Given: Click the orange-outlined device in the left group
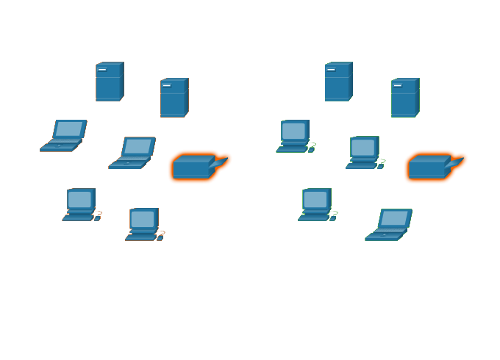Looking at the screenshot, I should tap(193, 168).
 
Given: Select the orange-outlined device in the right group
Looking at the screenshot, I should tap(429, 168).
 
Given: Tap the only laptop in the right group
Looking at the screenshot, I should tap(389, 225).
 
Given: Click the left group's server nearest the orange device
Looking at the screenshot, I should tap(174, 98).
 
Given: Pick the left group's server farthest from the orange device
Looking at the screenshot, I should tap(110, 82).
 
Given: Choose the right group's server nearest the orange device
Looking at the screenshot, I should tap(404, 98).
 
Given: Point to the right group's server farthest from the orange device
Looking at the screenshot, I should tap(338, 82).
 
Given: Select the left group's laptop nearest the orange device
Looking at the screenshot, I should tap(132, 153).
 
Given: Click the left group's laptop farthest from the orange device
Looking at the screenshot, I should tap(64, 136).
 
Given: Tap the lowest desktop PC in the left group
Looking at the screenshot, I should tap(143, 224).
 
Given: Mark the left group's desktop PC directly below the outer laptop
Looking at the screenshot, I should tap(80, 204).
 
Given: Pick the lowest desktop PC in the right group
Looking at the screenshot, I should tap(316, 204).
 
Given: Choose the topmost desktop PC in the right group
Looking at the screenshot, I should tap(294, 136).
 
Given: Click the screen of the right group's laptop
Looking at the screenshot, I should tap(394, 218).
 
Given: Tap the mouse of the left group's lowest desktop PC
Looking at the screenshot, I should tap(160, 237).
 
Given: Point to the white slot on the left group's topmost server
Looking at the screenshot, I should tap(101, 70).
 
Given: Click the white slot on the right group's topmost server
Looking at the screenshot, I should tap(331, 70).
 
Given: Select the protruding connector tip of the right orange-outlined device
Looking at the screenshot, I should tap(461, 158).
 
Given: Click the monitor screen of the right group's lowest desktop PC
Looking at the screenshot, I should tap(315, 199).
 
